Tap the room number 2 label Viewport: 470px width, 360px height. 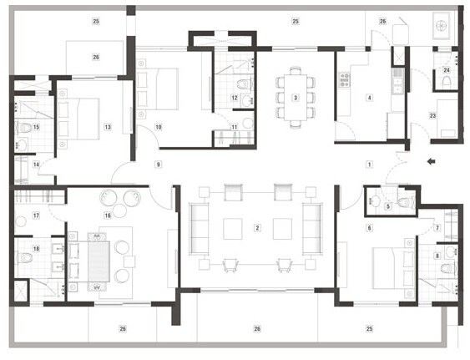tap(258, 227)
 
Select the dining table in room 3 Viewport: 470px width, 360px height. tap(295, 97)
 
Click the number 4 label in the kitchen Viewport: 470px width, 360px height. tap(368, 98)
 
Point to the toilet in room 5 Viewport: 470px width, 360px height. tap(406, 201)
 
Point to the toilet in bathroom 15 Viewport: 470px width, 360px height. tap(25, 128)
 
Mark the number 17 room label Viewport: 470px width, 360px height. tap(24, 216)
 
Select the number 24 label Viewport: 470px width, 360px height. tap(447, 70)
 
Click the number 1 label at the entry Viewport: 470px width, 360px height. tap(368, 165)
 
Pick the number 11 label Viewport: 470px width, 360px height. tap(235, 127)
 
